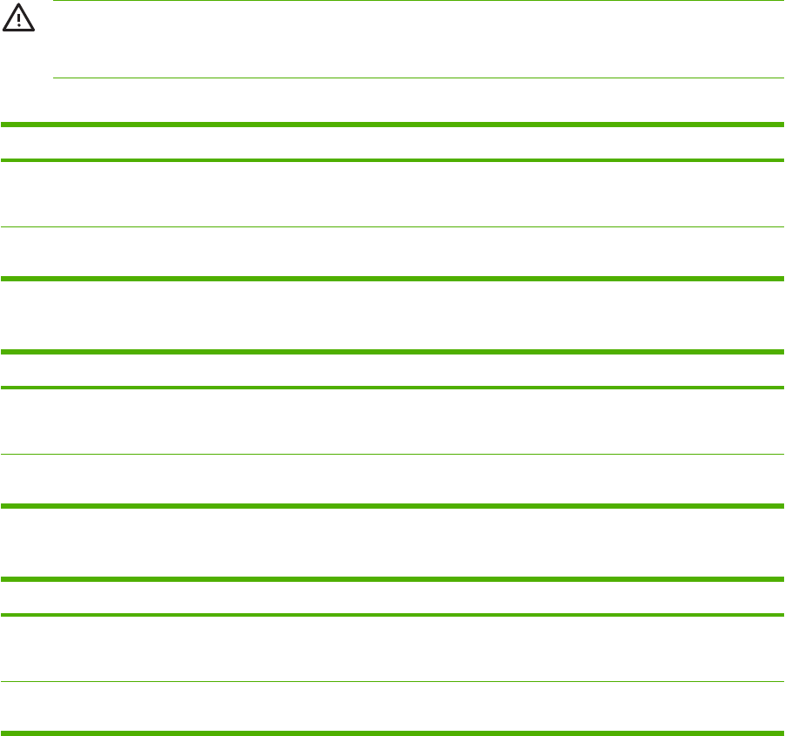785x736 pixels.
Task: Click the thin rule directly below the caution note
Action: coord(418,78)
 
